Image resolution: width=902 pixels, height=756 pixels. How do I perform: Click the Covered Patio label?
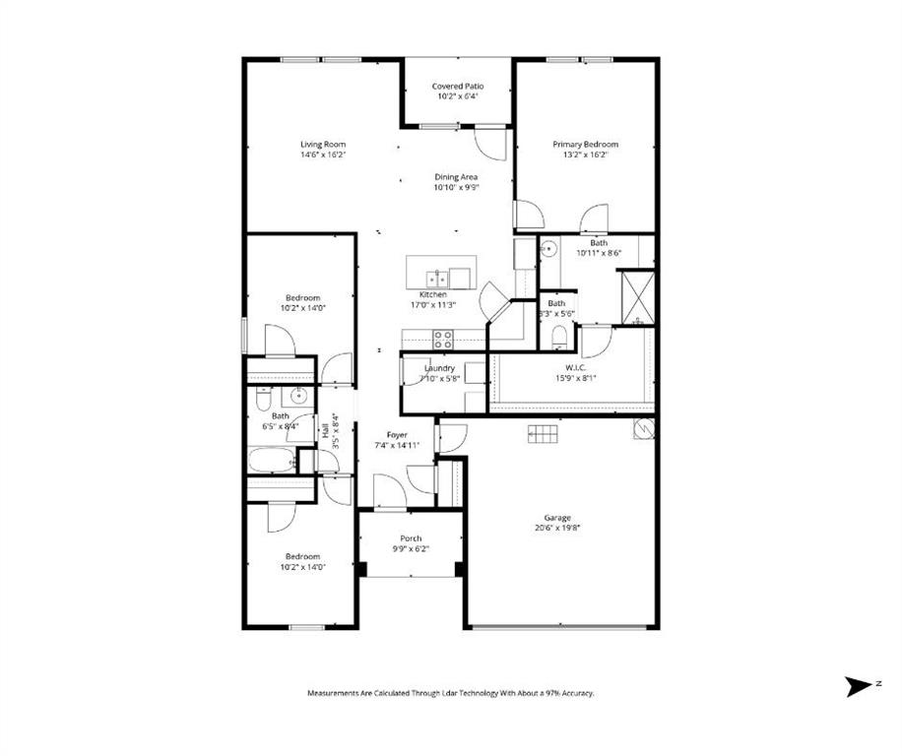point(458,87)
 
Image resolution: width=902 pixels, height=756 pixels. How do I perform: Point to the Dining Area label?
point(456,177)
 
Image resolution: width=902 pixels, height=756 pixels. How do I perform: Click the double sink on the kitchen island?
point(449,277)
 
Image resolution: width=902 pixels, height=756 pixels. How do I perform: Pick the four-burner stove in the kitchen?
point(443,340)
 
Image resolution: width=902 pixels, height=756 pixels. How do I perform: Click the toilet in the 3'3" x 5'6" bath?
point(560,338)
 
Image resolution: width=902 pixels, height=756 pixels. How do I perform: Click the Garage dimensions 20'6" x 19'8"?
point(557,528)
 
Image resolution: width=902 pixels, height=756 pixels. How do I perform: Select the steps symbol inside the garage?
point(544,432)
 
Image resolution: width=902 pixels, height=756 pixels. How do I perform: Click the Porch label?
point(411,538)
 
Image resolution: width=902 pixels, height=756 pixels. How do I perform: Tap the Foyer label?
point(397,434)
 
